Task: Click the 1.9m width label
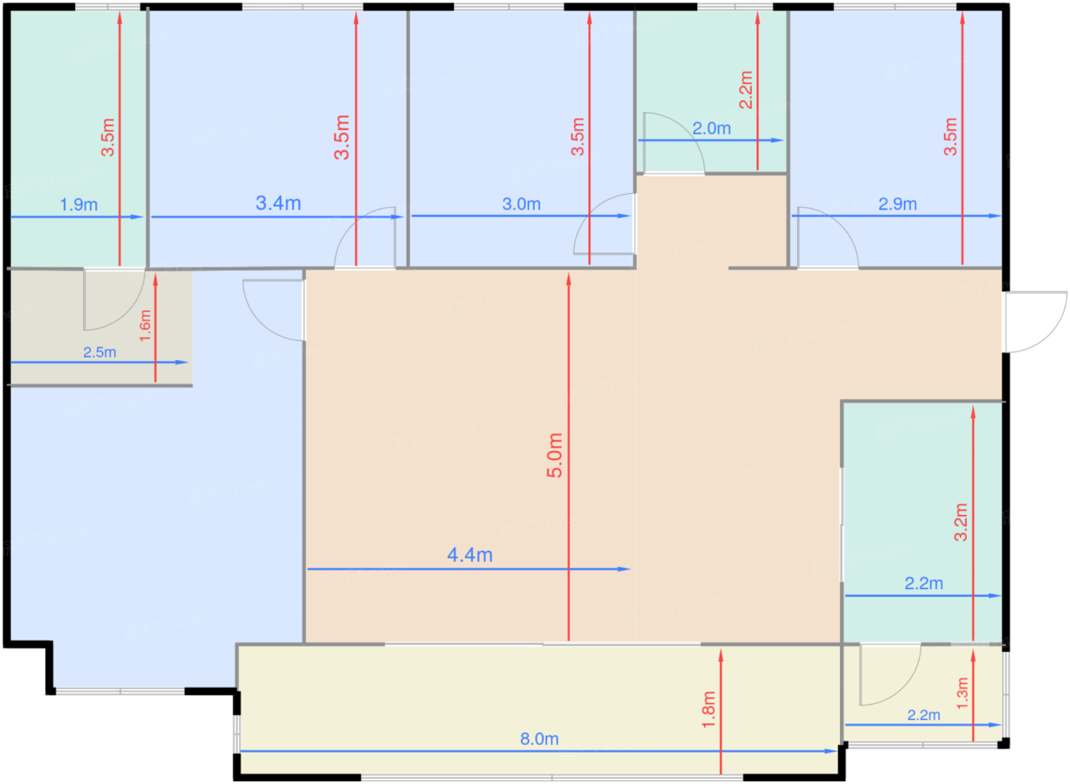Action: [x=79, y=205]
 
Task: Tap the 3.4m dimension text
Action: [x=278, y=203]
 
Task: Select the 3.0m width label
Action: [x=521, y=204]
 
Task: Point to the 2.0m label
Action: [x=712, y=128]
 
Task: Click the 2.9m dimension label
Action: [x=897, y=204]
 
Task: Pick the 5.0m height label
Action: [x=555, y=455]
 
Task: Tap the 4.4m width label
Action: [x=469, y=555]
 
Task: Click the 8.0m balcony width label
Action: [x=540, y=739]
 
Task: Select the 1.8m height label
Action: [x=708, y=710]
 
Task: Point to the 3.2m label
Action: [x=961, y=522]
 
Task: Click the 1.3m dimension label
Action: [x=962, y=693]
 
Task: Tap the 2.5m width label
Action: [x=99, y=352]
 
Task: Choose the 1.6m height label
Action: [x=144, y=326]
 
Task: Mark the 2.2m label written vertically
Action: [x=746, y=89]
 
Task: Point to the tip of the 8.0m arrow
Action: [x=837, y=751]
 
